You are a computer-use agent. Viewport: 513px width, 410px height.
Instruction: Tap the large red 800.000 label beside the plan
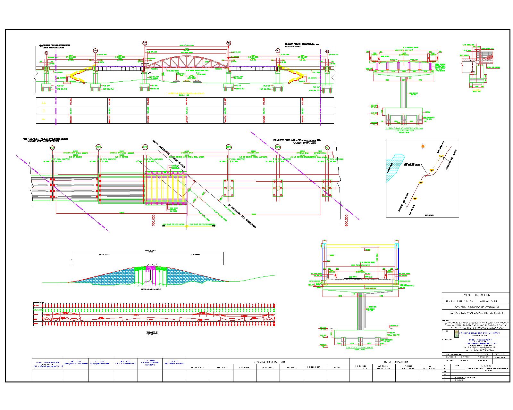pos(346,221)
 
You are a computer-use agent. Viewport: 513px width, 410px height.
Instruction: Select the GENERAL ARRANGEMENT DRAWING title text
pos(475,307)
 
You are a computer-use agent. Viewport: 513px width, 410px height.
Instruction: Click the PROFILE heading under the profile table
pos(152,333)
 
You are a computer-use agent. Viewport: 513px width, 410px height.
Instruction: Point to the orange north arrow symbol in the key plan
pos(423,146)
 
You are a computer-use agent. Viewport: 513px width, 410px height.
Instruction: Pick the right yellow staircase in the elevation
pos(294,76)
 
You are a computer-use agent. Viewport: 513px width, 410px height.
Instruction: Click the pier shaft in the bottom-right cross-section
pos(361,311)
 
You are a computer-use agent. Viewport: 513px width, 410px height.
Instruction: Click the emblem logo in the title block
pos(457,333)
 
